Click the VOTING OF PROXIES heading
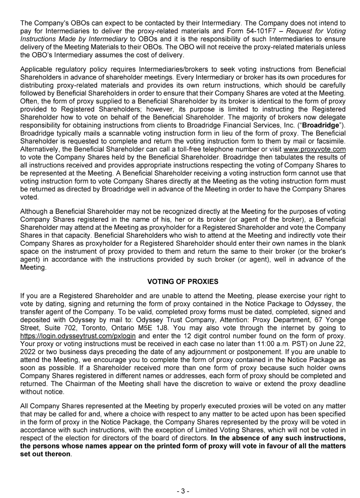pyautogui.click(x=180, y=281)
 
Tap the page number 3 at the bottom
pyautogui.click(x=183, y=491)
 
